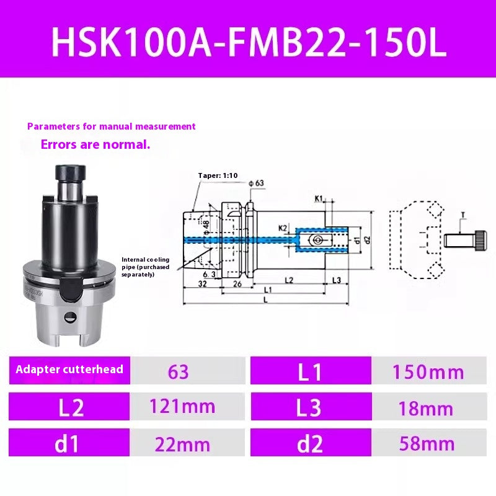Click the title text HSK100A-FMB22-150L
(248, 42)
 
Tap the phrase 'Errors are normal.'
(95, 145)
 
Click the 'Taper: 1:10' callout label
(218, 175)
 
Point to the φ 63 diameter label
(255, 183)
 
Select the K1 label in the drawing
(319, 198)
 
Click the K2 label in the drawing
(283, 228)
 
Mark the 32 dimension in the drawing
(202, 284)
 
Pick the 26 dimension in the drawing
(237, 284)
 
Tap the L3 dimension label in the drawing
(336, 280)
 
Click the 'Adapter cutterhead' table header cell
(69, 370)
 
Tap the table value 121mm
(182, 407)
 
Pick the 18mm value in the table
(428, 408)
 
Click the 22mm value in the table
(182, 444)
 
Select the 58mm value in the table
(428, 444)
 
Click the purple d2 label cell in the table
(311, 444)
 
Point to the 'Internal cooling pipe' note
(146, 267)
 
